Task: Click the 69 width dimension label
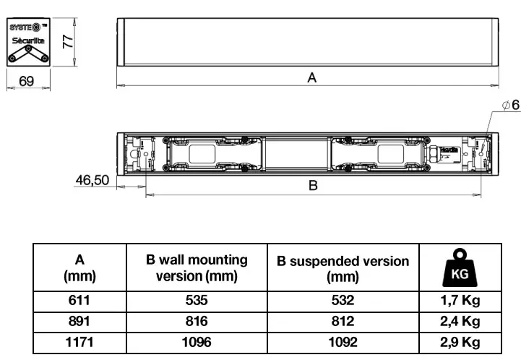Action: tap(27, 82)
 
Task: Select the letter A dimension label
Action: tap(312, 78)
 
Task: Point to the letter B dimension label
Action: tap(313, 186)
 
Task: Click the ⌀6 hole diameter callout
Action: tap(510, 106)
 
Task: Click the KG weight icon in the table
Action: tap(460, 267)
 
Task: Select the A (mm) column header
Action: tap(79, 267)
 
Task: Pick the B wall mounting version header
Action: tap(197, 267)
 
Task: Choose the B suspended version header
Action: tap(343, 267)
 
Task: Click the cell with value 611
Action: tap(79, 301)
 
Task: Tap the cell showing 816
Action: tap(197, 322)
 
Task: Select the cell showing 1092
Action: tap(343, 342)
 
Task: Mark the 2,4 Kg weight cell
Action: tap(460, 322)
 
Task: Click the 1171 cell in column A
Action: tap(79, 342)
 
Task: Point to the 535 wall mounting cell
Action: tap(197, 301)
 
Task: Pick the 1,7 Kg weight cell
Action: tap(460, 301)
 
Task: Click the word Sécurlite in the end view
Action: tap(27, 41)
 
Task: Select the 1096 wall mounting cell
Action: tap(197, 342)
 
